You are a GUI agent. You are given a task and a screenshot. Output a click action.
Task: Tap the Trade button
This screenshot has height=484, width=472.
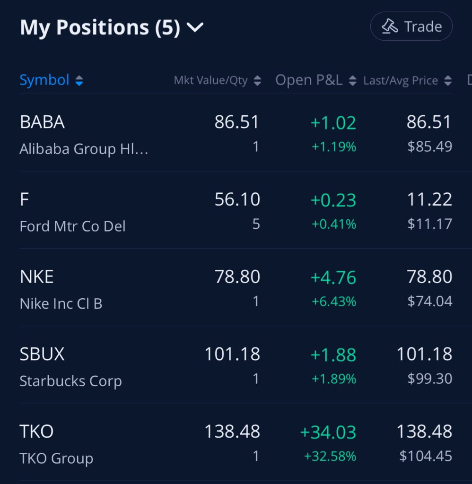411,26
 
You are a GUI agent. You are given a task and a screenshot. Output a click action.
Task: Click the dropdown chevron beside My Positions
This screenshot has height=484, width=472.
195,27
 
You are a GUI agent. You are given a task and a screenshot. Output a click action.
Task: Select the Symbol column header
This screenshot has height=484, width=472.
44,80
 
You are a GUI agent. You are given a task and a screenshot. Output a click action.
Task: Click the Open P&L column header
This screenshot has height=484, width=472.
309,80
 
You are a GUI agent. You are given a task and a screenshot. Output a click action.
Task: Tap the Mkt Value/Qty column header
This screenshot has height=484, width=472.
211,80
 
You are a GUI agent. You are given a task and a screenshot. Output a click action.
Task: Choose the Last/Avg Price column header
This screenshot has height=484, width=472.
401,80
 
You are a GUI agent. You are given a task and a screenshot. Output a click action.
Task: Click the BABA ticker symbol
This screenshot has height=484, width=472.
42,122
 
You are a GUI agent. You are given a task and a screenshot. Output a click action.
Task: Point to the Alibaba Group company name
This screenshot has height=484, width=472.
84,149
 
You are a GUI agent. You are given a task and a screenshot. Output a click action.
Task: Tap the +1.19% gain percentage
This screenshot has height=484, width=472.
333,147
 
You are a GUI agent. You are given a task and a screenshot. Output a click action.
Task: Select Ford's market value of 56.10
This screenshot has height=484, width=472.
237,199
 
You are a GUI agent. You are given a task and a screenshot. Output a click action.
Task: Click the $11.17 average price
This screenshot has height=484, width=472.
429,224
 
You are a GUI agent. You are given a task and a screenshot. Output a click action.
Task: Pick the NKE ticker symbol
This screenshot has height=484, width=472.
36,277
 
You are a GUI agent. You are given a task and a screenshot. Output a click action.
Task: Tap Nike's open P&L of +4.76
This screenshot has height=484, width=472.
333,277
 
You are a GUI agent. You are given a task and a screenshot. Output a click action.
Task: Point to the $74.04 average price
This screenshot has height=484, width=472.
429,301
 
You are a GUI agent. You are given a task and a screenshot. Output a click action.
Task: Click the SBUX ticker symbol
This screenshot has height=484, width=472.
42,354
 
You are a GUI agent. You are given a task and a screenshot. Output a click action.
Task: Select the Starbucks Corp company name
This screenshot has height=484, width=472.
70,381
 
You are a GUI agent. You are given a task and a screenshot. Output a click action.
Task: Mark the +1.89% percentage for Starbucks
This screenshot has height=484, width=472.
333,379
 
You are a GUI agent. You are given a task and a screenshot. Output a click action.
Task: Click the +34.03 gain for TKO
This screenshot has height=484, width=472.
328,432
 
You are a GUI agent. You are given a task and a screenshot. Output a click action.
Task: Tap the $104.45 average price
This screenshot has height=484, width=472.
426,456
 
